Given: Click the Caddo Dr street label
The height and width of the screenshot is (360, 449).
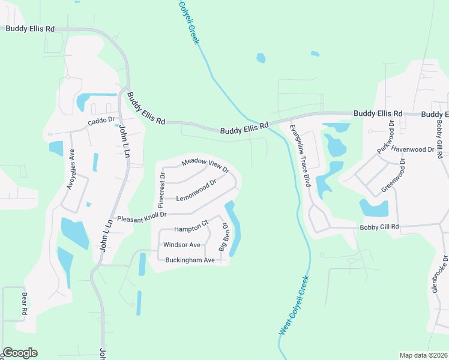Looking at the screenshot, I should pos(101,122).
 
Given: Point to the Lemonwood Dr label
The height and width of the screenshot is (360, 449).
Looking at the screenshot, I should pos(196,190).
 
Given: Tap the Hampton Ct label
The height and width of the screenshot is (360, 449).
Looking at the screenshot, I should pos(191,227).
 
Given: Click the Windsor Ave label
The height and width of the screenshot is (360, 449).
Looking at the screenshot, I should pos(181,245).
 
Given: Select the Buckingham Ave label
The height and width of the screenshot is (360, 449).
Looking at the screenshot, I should pos(190,260).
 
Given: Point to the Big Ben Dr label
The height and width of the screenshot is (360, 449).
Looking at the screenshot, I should pos(224,237).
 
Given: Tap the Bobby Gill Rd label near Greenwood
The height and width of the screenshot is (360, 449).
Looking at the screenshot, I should pos(379,227).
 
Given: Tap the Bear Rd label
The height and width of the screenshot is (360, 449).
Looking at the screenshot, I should pos(25,304).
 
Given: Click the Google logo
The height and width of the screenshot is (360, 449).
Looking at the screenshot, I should pos(20,353).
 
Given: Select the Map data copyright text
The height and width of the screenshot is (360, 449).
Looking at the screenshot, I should pos(423,355).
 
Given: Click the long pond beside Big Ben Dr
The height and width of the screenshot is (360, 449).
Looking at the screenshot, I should pos(234,228).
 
